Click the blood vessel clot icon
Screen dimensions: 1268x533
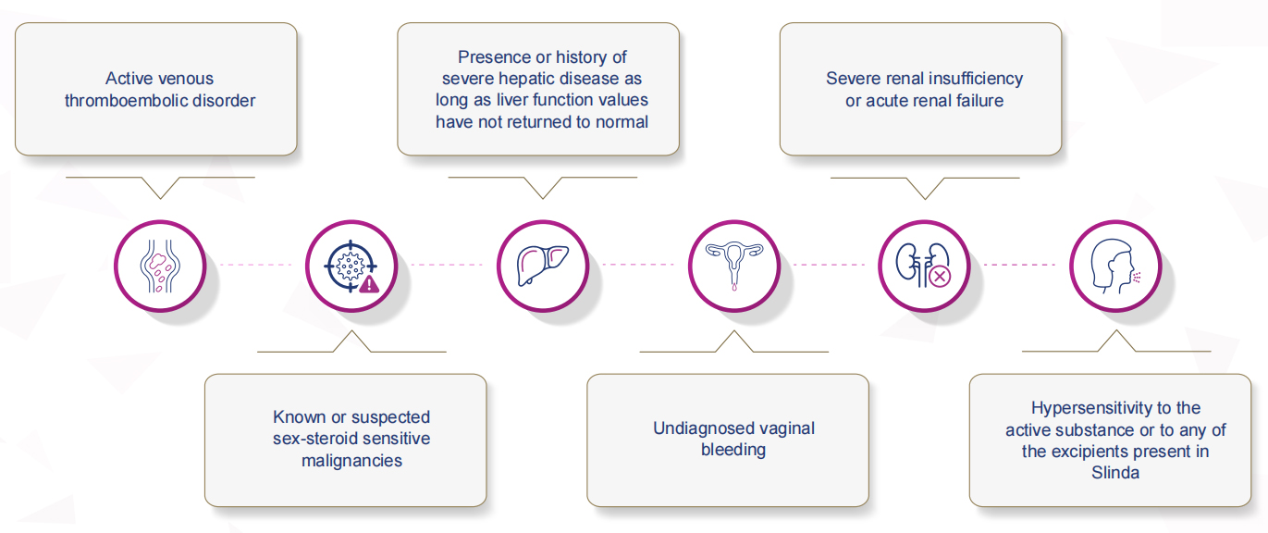pos(160,266)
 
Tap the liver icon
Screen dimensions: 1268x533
pos(542,265)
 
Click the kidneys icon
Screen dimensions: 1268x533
pos(923,265)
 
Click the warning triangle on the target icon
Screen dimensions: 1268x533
pos(369,283)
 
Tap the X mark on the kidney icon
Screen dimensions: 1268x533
pos(941,277)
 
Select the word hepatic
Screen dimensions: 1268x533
pos(541,78)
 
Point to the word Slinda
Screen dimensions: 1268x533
pos(1115,473)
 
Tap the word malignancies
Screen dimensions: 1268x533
pos(351,461)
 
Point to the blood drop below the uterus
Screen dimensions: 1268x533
pos(734,287)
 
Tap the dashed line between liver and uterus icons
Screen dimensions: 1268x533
pos(638,265)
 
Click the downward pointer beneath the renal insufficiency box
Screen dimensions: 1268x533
pos(925,188)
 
